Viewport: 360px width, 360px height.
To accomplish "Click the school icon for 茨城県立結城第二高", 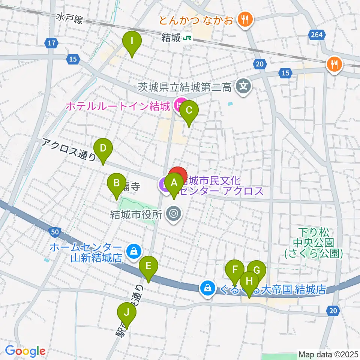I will click(243, 87).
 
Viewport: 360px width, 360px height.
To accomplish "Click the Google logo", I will click(25, 351).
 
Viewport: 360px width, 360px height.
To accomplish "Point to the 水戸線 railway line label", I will click(70, 18).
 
